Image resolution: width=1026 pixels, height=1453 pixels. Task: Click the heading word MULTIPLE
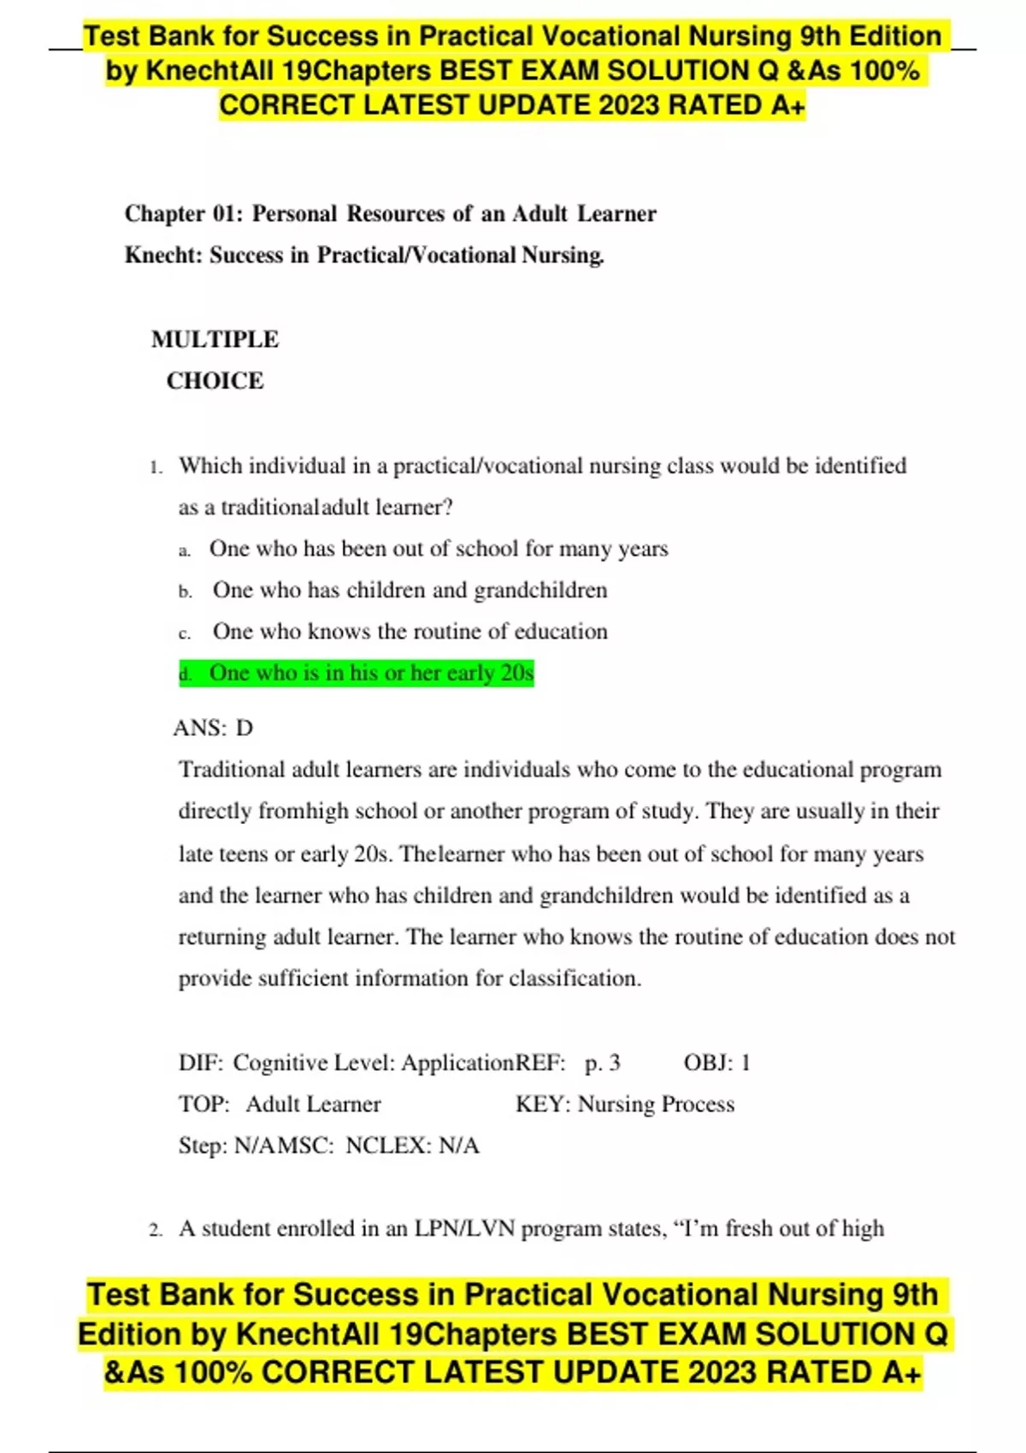[215, 339]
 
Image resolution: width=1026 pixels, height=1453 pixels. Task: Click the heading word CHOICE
[215, 380]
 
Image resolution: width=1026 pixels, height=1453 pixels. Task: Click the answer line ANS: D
[213, 728]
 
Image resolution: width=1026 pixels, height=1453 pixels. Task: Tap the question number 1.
[155, 468]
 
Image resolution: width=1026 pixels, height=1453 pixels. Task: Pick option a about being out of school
[438, 549]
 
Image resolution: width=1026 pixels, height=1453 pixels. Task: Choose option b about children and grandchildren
[410, 591]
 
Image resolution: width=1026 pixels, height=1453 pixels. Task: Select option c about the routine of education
[410, 632]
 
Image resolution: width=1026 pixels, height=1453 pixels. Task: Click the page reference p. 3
[602, 1063]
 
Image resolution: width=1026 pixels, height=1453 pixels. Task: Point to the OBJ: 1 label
[716, 1063]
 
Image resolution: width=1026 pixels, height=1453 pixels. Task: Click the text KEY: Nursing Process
[624, 1104]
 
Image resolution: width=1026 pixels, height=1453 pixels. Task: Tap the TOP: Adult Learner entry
[280, 1104]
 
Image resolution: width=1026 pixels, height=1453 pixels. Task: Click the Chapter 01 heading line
[390, 214]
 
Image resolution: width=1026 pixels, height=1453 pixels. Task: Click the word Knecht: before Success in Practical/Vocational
[164, 256]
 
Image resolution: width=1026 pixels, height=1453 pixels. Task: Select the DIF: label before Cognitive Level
[200, 1063]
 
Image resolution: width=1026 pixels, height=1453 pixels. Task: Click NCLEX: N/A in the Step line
[412, 1146]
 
